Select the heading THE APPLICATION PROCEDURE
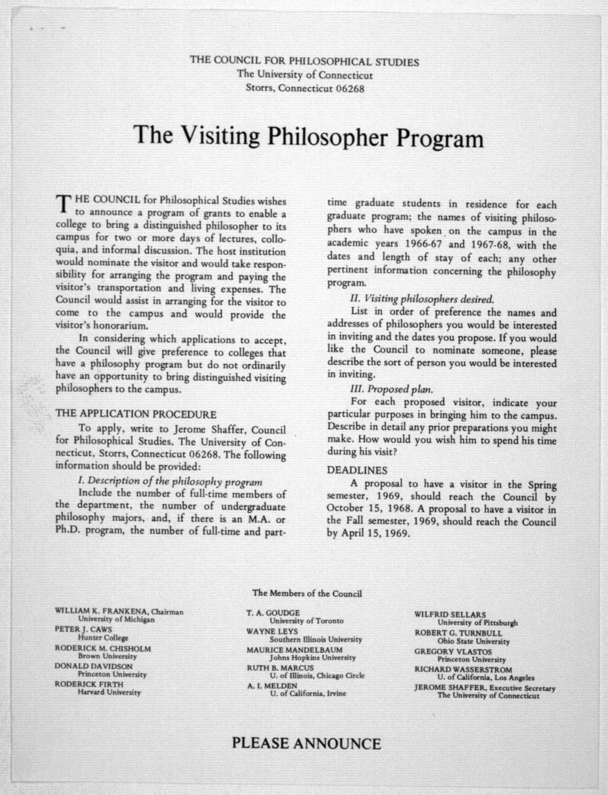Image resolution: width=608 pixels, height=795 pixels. (x=136, y=414)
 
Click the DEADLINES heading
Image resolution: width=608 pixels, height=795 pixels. (x=357, y=470)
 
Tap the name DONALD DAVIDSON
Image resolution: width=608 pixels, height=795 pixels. (x=93, y=666)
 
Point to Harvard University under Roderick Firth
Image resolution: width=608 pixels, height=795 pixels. (x=109, y=692)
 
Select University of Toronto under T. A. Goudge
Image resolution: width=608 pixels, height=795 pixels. (x=306, y=621)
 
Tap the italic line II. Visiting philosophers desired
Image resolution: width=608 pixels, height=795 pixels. (x=422, y=299)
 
